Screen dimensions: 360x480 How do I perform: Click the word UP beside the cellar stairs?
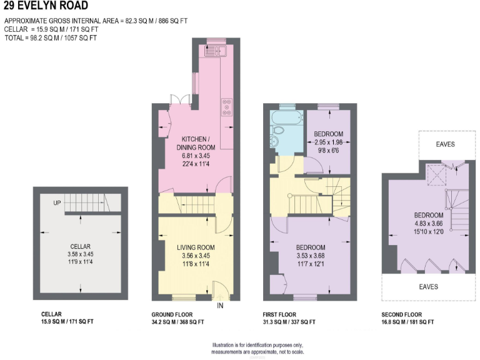click(57, 203)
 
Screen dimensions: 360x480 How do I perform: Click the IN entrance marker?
click(220, 306)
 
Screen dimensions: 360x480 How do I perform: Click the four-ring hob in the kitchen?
click(226, 109)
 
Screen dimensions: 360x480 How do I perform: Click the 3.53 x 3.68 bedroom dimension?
click(311, 255)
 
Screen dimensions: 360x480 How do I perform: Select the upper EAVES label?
click(445, 144)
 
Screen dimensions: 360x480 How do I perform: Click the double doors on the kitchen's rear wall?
click(181, 99)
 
